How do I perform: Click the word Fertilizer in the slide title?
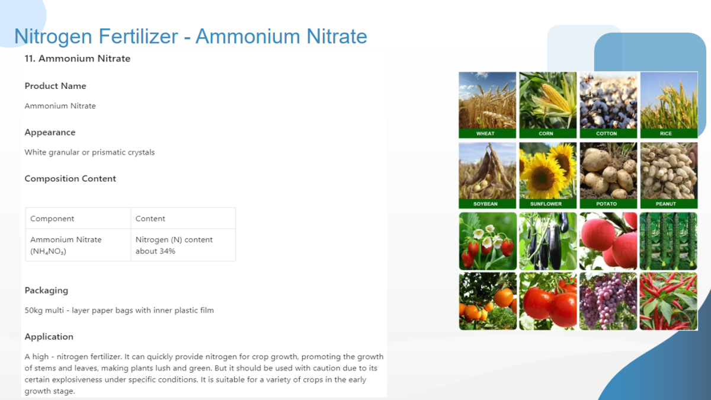pyautogui.click(x=138, y=36)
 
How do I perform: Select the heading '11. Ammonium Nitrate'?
pyautogui.click(x=78, y=59)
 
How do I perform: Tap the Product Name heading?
pyautogui.click(x=55, y=86)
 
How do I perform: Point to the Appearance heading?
pyautogui.click(x=50, y=132)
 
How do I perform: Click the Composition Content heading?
pyautogui.click(x=70, y=179)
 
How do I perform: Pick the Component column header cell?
pyautogui.click(x=78, y=219)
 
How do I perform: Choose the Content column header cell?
pyautogui.click(x=183, y=219)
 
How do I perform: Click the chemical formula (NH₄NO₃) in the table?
pyautogui.click(x=48, y=251)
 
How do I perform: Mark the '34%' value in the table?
pyautogui.click(x=167, y=251)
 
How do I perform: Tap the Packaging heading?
pyautogui.click(x=46, y=291)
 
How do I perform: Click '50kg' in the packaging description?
pyautogui.click(x=33, y=311)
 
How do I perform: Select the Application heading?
pyautogui.click(x=49, y=337)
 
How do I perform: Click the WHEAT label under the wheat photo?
pyautogui.click(x=485, y=134)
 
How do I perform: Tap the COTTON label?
pyautogui.click(x=606, y=134)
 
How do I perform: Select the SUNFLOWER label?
pyautogui.click(x=546, y=204)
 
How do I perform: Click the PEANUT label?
pyautogui.click(x=666, y=204)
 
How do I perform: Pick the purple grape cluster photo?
pyautogui.click(x=608, y=301)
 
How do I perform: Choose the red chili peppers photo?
pyautogui.click(x=668, y=301)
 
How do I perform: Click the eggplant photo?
pyautogui.click(x=548, y=241)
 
